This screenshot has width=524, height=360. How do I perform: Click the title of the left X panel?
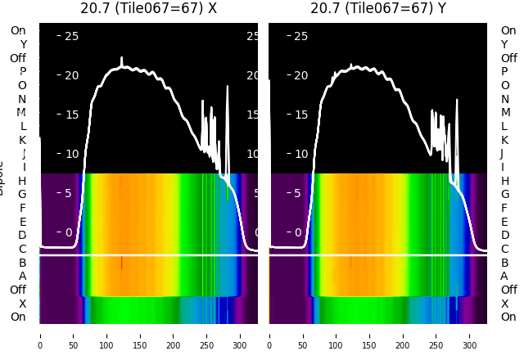coord(148,8)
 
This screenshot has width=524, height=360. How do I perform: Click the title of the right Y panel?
coord(378,8)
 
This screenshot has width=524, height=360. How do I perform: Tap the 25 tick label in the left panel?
coord(71,36)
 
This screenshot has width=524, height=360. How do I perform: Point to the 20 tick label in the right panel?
coord(300,75)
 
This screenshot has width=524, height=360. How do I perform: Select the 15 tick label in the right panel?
coord(300,115)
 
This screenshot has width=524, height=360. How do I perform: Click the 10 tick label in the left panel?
coord(71,154)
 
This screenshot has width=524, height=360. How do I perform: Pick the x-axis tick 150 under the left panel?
coord(140,335)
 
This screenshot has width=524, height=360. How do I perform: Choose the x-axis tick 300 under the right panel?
coord(470,335)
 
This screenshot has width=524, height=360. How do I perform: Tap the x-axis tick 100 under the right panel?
coord(336,335)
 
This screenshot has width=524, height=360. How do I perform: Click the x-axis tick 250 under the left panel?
coord(207,335)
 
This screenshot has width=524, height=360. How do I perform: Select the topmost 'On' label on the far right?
coord(508,30)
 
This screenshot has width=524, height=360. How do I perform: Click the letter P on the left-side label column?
coord(23,71)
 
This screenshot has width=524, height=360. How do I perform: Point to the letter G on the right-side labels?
coord(504,194)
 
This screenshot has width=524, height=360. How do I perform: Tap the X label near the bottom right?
coord(504,304)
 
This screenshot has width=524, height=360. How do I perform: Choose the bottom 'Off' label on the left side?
coord(18,290)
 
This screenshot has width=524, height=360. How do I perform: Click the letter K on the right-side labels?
coord(504,140)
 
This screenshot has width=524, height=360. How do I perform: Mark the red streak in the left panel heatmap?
coord(122,263)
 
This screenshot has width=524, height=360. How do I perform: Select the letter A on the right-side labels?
coord(504,276)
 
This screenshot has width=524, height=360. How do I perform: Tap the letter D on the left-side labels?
coord(23,235)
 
